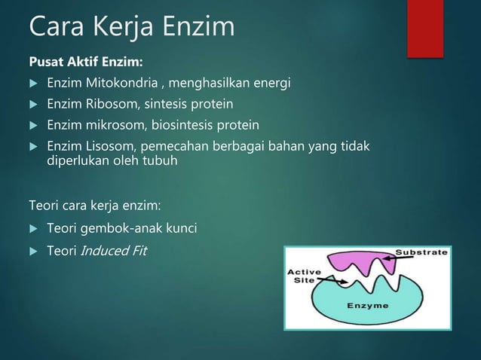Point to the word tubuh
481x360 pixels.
(x=162, y=160)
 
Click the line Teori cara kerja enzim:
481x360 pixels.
(x=95, y=204)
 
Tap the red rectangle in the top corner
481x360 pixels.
(x=424, y=28)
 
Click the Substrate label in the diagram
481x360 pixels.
(x=422, y=253)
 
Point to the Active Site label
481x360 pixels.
(x=303, y=276)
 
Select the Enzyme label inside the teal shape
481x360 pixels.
(x=367, y=306)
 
